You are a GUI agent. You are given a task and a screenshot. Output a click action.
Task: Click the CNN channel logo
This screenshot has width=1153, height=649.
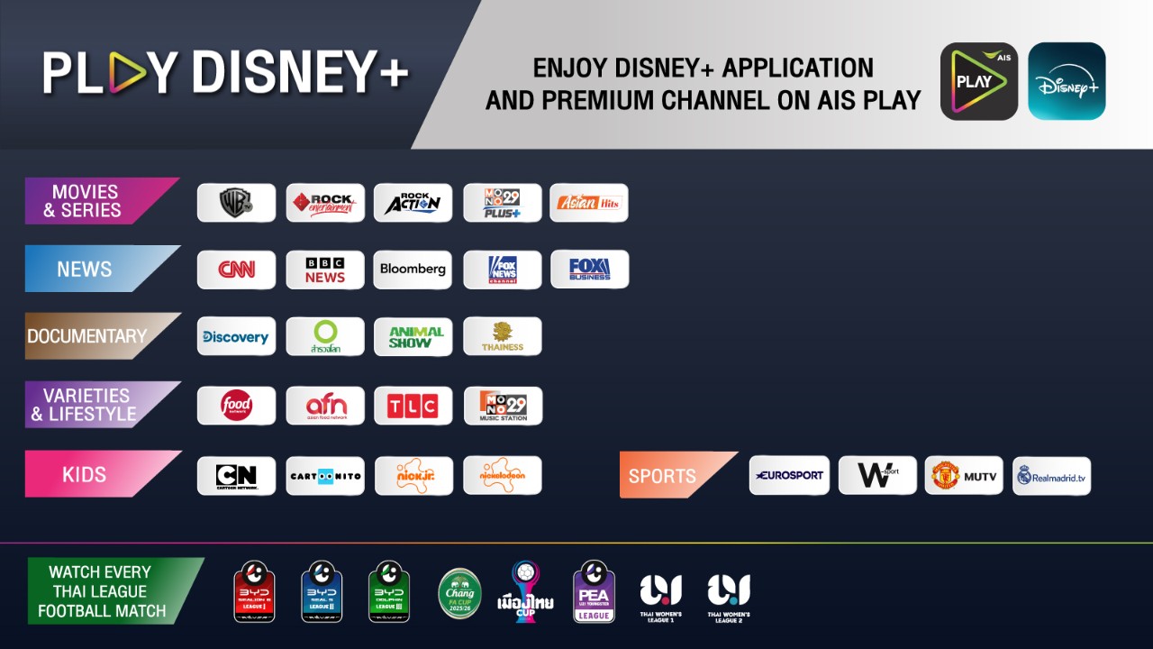pyautogui.click(x=236, y=270)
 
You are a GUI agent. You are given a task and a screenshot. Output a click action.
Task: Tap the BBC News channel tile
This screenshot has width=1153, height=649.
pyautogui.click(x=325, y=270)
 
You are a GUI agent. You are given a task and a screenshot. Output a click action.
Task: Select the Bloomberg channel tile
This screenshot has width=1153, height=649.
pyautogui.click(x=413, y=270)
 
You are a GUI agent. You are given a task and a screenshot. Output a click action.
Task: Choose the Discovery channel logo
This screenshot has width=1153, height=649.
pyautogui.click(x=236, y=336)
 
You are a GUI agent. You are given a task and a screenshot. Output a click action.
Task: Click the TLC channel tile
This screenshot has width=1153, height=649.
pyautogui.click(x=413, y=406)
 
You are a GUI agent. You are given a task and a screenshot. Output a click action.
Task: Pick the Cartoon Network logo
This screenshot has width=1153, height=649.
pyautogui.click(x=236, y=475)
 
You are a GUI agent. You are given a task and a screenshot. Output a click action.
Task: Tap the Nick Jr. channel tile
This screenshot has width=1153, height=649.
pyautogui.click(x=413, y=475)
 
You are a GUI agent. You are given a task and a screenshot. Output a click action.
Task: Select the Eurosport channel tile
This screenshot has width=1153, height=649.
pyautogui.click(x=789, y=475)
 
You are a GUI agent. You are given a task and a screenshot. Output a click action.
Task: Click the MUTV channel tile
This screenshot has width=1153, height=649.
pyautogui.click(x=964, y=475)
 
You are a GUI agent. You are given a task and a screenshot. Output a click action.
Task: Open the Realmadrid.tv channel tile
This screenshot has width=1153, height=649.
pyautogui.click(x=1051, y=475)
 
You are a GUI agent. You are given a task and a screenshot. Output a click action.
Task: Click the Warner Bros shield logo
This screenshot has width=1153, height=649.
pyautogui.click(x=236, y=203)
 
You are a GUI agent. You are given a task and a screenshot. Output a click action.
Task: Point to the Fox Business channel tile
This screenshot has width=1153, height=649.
pyautogui.click(x=589, y=270)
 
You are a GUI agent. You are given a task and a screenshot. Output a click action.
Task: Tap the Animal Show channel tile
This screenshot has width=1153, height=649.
pyautogui.click(x=413, y=336)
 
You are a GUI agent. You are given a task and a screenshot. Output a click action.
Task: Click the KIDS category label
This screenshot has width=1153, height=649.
pyautogui.click(x=86, y=474)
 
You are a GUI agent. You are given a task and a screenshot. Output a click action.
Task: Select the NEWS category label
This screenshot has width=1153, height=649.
pyautogui.click(x=86, y=269)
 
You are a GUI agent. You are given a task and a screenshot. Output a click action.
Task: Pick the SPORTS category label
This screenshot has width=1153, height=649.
pyautogui.click(x=663, y=476)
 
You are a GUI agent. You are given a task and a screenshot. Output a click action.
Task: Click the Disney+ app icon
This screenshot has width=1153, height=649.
pyautogui.click(x=1067, y=81)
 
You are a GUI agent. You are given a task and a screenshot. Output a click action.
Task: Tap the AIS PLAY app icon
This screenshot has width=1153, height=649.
pyautogui.click(x=979, y=81)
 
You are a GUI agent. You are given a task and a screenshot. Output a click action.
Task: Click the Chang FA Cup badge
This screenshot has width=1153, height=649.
pyautogui.click(x=459, y=593)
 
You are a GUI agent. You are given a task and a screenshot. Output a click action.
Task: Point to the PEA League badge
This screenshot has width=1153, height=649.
pyautogui.click(x=594, y=591)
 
